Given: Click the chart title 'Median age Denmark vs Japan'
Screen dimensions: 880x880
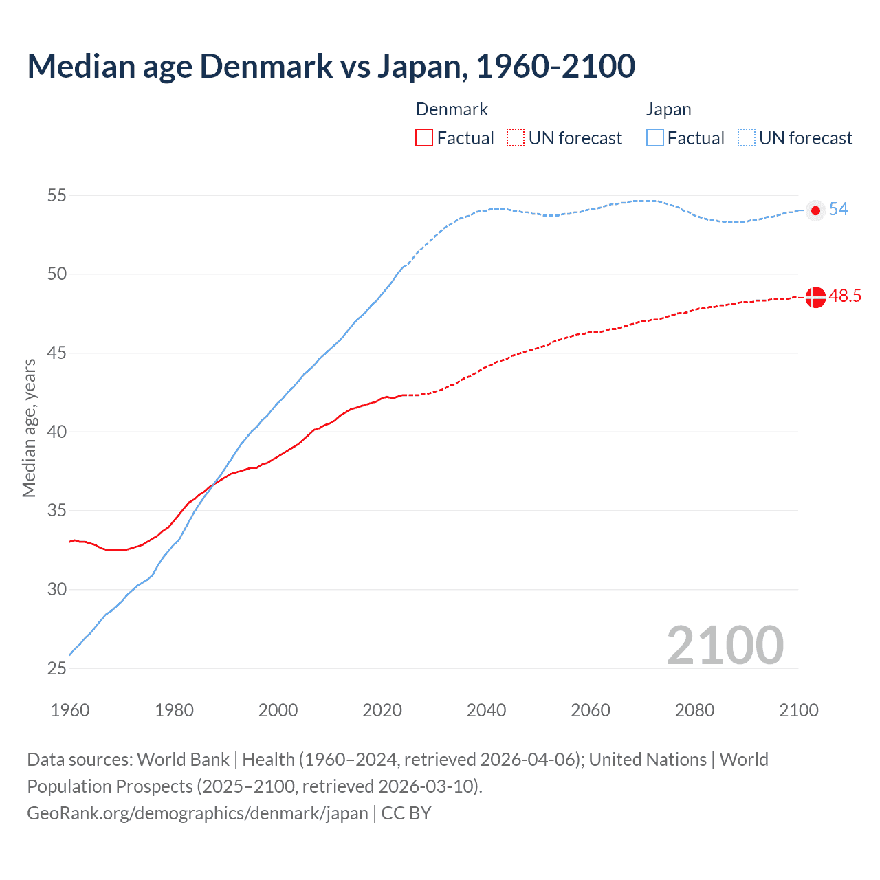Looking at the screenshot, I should tap(331, 66).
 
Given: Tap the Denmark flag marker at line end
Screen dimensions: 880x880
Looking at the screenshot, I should tap(815, 297).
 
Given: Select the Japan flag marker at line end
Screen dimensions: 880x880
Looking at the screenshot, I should tap(815, 210).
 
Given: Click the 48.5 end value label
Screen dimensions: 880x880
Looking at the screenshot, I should tap(845, 296).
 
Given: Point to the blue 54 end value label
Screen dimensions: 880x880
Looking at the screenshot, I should tap(838, 209).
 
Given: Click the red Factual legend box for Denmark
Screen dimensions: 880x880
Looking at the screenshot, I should tap(424, 138).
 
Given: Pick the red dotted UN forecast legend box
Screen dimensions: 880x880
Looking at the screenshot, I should tap(516, 138).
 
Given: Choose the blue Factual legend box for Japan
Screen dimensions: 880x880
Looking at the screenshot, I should tap(655, 138).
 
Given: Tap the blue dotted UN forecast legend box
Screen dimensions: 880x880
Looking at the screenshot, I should tap(747, 138).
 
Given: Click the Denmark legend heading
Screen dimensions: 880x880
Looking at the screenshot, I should tap(452, 109).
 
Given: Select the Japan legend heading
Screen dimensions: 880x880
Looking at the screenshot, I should tap(668, 109).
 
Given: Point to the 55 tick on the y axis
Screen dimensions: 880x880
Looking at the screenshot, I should tap(57, 195).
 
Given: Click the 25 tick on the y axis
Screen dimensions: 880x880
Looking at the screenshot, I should tap(57, 668).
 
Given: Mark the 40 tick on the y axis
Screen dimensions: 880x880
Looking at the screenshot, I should tap(57, 432).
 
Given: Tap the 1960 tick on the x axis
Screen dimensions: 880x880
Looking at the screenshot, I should tap(70, 710).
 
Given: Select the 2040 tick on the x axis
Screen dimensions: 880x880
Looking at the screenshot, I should tap(486, 710).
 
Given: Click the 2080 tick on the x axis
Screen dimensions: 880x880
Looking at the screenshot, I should tap(694, 710).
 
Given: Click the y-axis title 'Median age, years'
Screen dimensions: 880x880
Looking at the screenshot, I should tap(29, 428).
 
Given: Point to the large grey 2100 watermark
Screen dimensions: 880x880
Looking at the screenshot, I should tap(725, 645).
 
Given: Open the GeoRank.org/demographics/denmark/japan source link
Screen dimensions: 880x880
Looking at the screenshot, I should tap(197, 813).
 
